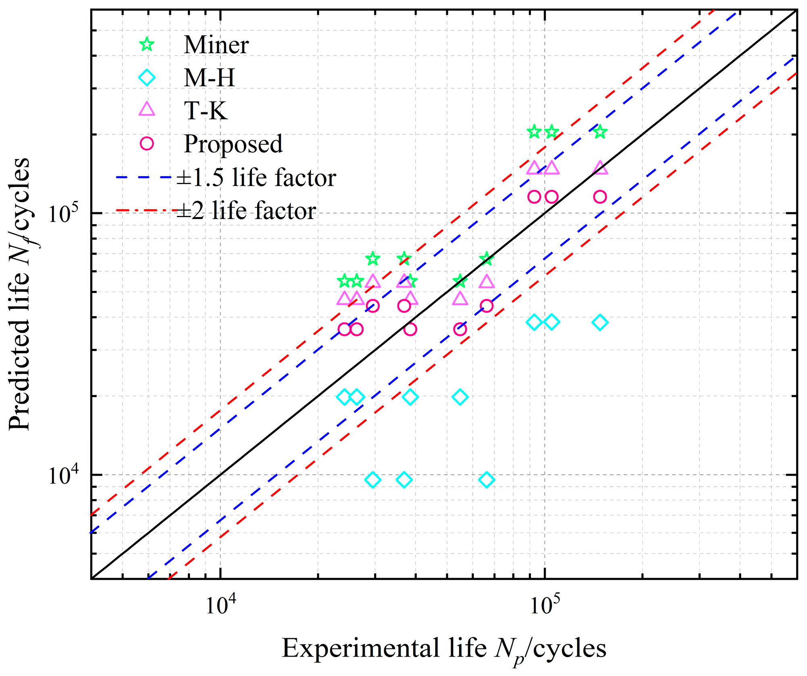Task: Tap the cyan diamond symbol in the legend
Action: pyautogui.click(x=147, y=77)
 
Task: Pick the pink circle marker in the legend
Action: pyautogui.click(x=147, y=143)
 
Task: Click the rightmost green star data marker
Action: pyautogui.click(x=600, y=132)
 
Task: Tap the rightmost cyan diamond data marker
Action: pyautogui.click(x=600, y=322)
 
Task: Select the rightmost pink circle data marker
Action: pyautogui.click(x=600, y=197)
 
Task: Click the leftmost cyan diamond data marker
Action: pyautogui.click(x=344, y=397)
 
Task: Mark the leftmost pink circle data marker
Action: pyautogui.click(x=344, y=329)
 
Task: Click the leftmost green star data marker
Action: pyautogui.click(x=344, y=281)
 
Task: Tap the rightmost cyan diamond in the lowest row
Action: pyautogui.click(x=487, y=480)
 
